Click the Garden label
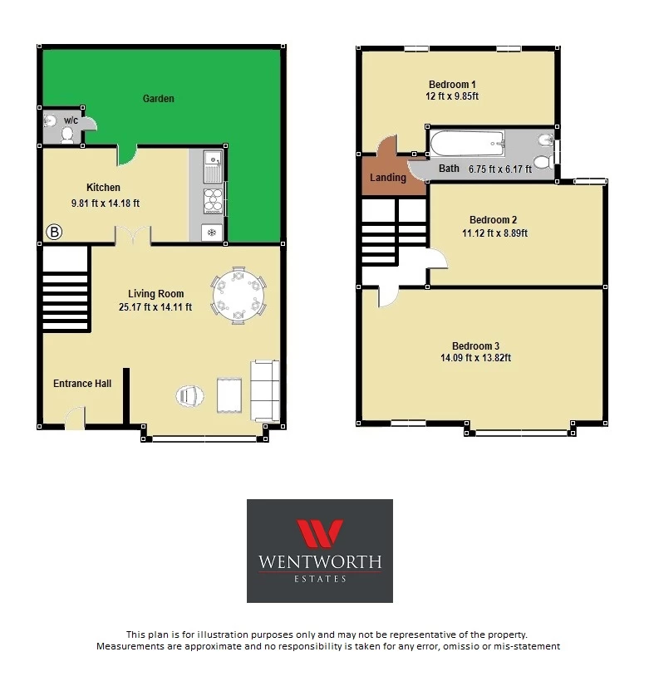(159, 99)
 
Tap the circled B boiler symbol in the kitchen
(54, 232)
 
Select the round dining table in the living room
(238, 296)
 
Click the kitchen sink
(213, 167)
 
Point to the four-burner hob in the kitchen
(213, 200)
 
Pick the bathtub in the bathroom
(467, 143)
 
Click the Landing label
(388, 177)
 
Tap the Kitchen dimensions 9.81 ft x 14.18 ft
(106, 203)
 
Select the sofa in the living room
(265, 390)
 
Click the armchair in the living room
(190, 396)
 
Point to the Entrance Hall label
(82, 383)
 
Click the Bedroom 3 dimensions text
(475, 358)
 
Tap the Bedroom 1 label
(452, 85)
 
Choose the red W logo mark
(320, 533)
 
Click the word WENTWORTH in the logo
(320, 561)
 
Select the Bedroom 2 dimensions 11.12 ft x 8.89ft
(494, 233)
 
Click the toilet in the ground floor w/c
(67, 135)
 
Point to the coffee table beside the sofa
(229, 395)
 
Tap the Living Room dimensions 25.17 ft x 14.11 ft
(155, 307)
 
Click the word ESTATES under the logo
(320, 579)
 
